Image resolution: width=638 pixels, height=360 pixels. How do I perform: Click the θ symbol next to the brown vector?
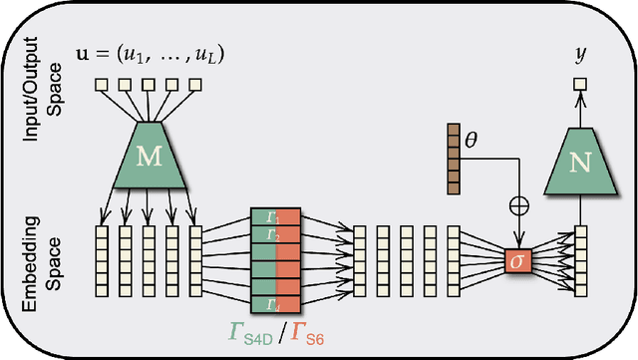tap(472, 131)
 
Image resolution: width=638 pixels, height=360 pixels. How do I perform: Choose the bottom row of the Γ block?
tap(274, 303)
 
